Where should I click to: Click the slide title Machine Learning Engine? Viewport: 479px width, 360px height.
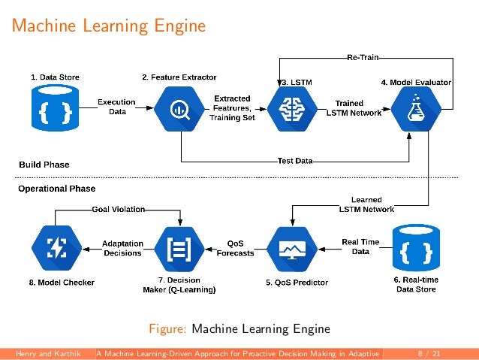pos(109,26)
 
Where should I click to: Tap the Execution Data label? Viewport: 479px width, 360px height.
pos(118,106)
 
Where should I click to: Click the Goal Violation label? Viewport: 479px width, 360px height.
pos(118,209)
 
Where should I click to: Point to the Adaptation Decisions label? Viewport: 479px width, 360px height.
pos(122,248)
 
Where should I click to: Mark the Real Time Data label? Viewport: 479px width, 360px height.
pos(360,247)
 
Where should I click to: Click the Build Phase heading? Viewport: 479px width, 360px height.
pos(44,164)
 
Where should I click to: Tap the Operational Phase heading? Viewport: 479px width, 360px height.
pos(57,188)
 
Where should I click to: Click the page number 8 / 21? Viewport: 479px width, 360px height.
pos(429,352)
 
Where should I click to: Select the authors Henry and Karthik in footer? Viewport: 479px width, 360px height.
pos(47,352)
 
